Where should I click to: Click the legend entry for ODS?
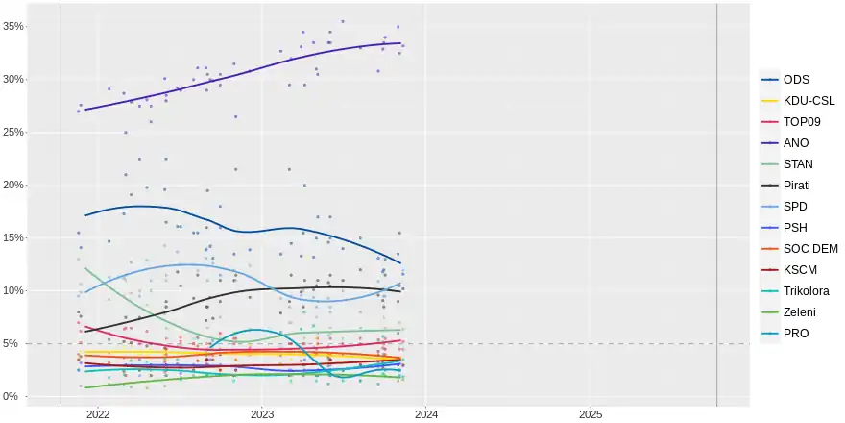(796, 79)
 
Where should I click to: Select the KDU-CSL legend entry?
(809, 100)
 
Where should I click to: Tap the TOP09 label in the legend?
(802, 121)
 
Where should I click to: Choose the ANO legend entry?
(796, 142)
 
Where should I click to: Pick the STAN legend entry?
(799, 163)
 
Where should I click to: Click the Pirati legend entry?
(800, 185)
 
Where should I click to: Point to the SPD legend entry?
(796, 206)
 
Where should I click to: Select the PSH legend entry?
(796, 227)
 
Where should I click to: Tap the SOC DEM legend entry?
(810, 248)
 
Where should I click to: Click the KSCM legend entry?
(801, 269)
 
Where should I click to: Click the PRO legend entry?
(796, 333)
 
